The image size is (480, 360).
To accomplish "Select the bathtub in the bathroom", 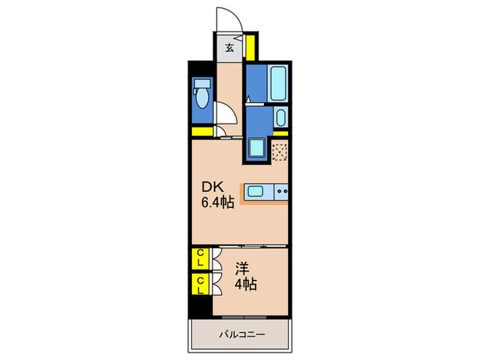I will [x=277, y=83].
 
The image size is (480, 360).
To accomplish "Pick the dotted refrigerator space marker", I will [x=280, y=151].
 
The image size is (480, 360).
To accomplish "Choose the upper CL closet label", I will [x=200, y=259].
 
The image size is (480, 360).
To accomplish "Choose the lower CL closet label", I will [x=200, y=285].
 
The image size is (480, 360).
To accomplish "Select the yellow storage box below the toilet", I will [x=202, y=132].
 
